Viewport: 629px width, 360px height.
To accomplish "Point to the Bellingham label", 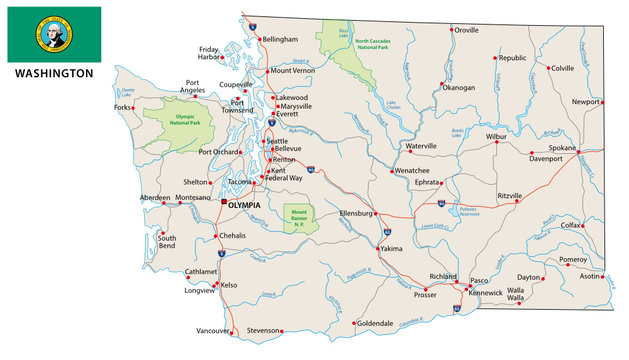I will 280,39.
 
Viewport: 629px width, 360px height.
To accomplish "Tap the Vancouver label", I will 212,330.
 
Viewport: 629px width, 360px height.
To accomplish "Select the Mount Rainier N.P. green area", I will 300,218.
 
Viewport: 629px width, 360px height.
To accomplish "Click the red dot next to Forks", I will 135,107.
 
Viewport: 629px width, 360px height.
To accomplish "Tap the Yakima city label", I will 391,247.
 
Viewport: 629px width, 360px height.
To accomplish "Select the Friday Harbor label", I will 209,53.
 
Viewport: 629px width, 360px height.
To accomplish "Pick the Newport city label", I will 585,102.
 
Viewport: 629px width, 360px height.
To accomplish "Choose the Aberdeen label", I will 155,198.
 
